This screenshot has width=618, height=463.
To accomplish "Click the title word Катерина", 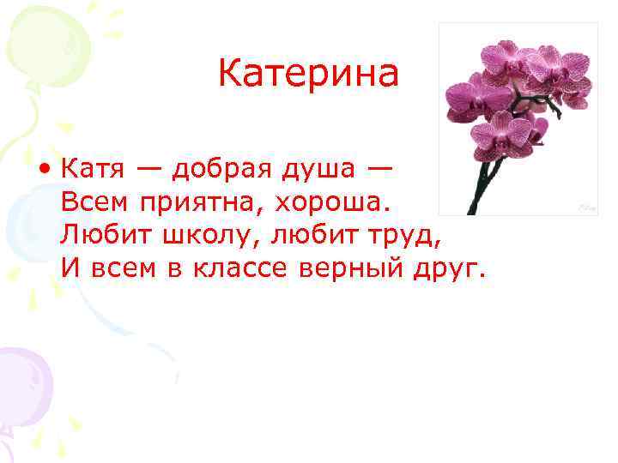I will [x=308, y=74].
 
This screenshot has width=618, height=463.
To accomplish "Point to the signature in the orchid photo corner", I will [x=586, y=207].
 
